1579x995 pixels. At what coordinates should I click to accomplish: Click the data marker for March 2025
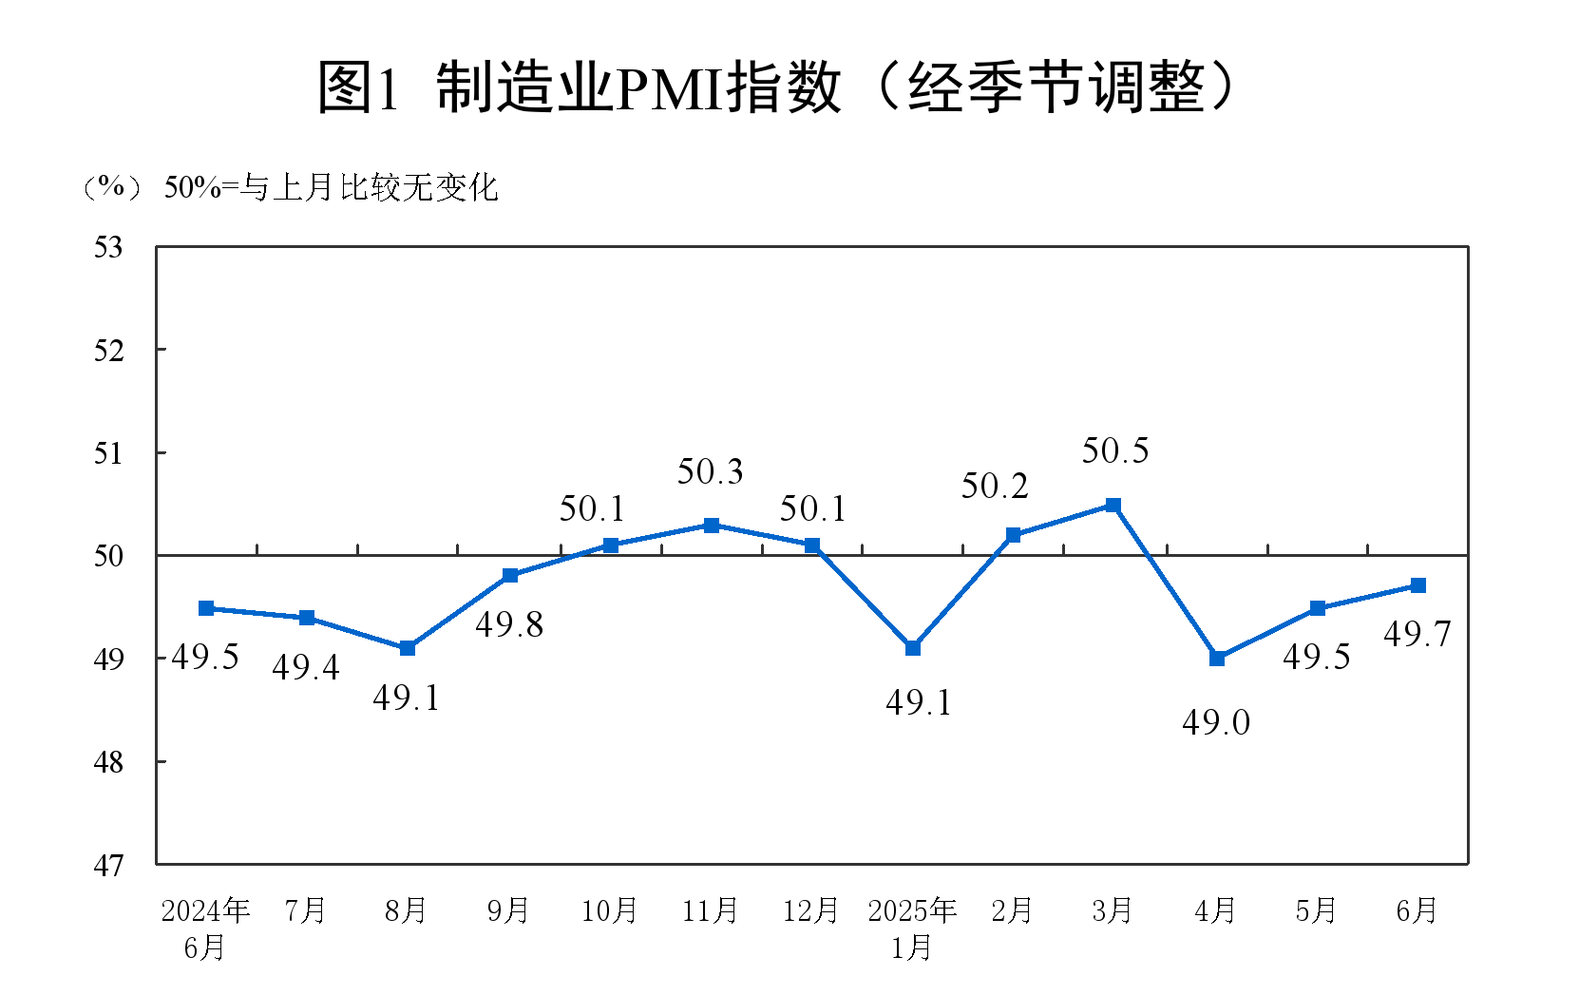click(x=1113, y=506)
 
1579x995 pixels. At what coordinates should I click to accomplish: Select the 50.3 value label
click(x=710, y=471)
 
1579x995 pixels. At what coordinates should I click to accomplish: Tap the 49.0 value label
click(x=1216, y=723)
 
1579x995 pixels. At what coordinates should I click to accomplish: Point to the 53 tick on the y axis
click(x=108, y=247)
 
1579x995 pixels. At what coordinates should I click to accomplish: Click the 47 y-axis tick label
click(x=108, y=865)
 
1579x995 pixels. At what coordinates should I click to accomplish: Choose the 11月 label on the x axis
click(x=710, y=910)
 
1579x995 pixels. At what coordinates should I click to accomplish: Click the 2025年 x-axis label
click(x=912, y=910)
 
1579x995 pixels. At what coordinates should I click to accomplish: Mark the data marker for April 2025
click(x=1217, y=658)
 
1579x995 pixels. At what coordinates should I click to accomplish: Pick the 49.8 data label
click(x=509, y=624)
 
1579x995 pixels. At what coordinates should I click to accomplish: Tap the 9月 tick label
click(x=508, y=910)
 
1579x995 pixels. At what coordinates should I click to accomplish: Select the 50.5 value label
click(x=1115, y=450)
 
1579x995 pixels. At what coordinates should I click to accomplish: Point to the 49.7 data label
click(x=1417, y=634)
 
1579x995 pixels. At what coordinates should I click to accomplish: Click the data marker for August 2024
click(x=408, y=648)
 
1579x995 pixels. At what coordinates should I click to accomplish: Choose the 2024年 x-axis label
click(x=205, y=910)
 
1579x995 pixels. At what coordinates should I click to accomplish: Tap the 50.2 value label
click(x=995, y=487)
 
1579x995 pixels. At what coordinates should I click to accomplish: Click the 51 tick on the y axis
click(x=108, y=453)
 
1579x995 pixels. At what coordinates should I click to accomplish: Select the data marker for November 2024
click(x=712, y=526)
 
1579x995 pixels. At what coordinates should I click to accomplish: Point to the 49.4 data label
click(x=306, y=668)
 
